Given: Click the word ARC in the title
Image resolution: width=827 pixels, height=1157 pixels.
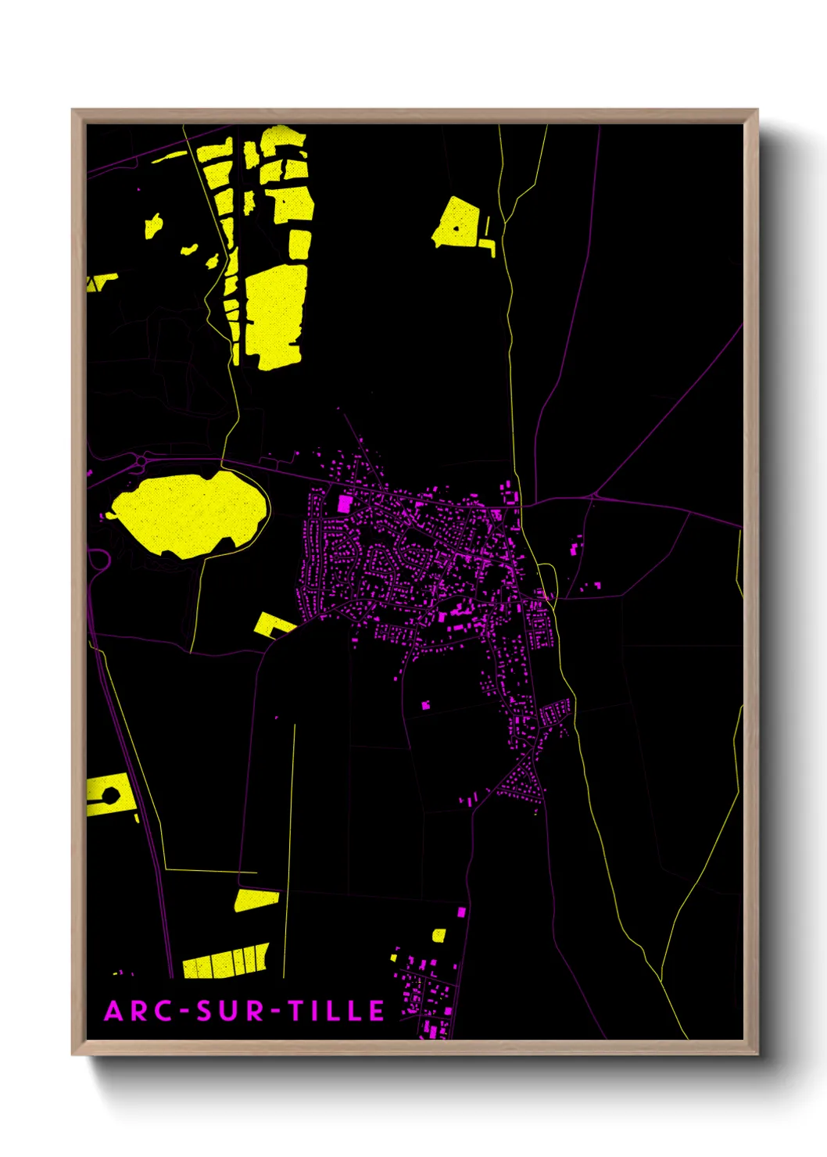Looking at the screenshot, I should click(138, 1011).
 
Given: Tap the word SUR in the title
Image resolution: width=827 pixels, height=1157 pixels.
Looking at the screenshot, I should click(231, 1011).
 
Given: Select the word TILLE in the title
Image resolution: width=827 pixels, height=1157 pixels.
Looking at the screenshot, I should click(336, 1011).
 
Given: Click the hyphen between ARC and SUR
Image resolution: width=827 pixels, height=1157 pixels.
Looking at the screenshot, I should click(185, 1012).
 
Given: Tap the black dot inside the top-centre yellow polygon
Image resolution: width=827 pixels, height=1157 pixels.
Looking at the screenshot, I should click(456, 229).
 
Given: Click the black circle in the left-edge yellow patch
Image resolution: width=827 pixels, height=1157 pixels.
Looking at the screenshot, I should click(110, 796).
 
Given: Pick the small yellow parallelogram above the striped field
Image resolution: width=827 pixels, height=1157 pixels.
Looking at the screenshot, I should click(256, 900).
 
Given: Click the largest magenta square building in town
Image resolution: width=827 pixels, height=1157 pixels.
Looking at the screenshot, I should click(344, 503).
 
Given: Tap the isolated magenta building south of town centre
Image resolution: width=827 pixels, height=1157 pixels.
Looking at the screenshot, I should click(426, 705).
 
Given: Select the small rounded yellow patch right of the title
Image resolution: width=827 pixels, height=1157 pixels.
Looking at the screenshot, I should click(439, 935).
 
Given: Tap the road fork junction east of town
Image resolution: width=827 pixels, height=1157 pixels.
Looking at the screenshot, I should click(596, 496).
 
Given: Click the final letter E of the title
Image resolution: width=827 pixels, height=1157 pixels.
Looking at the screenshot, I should click(376, 1011).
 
